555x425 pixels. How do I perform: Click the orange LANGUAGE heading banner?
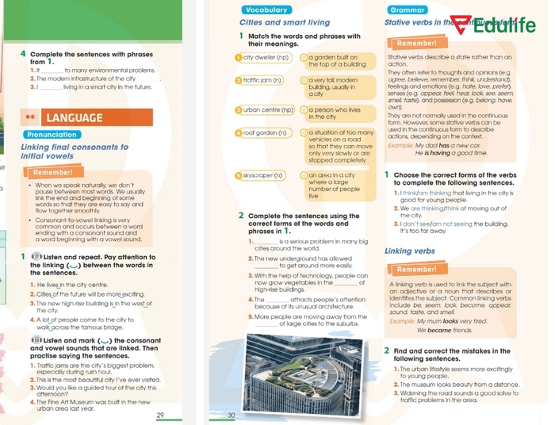[x=85, y=117]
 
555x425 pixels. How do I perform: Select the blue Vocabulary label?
[x=267, y=10]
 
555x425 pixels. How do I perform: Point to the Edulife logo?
[x=502, y=25]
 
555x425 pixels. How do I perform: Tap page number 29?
[x=160, y=415]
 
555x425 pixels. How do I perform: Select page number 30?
[x=232, y=415]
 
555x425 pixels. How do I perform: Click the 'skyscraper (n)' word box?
[x=262, y=174]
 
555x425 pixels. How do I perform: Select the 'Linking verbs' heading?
[x=410, y=251]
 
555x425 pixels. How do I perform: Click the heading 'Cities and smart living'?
[x=285, y=22]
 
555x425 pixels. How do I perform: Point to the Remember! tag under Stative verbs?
[x=417, y=44]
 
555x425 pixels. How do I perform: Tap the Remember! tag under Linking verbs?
[x=417, y=270]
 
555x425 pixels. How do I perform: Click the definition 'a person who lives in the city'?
[x=335, y=113]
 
